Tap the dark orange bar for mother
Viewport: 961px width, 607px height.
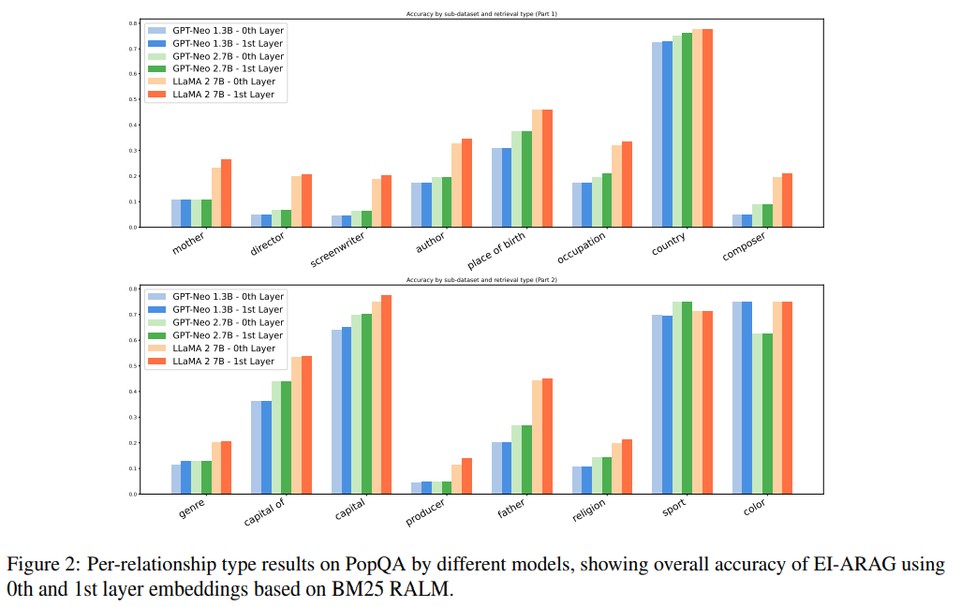[226, 193]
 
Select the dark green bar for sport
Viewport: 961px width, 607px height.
[687, 398]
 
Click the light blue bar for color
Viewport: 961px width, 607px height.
[737, 398]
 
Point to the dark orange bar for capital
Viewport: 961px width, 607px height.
[386, 394]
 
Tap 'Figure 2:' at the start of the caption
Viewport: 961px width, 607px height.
[42, 566]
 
